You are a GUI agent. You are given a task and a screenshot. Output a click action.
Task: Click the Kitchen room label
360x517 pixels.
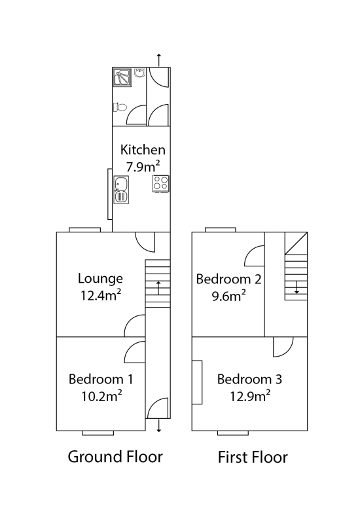pos(143,150)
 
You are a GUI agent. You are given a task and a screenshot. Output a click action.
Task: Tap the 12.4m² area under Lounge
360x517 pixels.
pos(101,295)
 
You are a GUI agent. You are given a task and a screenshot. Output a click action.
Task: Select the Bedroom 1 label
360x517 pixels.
pos(101,379)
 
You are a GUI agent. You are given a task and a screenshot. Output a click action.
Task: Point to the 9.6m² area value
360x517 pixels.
pos(228,296)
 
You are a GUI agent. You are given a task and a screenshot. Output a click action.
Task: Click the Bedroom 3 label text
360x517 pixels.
pos(249,379)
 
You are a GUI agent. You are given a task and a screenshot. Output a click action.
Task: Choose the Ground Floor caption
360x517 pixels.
pos(115,457)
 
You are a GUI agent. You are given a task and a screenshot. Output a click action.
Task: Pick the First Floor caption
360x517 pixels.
pos(253,457)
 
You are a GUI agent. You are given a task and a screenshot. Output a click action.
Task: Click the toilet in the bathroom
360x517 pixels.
pos(120,107)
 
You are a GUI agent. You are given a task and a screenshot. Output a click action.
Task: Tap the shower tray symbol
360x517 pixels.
pos(122,77)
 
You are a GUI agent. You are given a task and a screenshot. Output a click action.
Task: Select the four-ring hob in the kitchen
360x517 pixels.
pos(160,183)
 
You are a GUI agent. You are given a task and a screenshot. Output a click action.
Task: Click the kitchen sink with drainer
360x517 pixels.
pos(121,190)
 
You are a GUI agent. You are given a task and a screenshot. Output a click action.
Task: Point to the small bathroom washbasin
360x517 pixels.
pos(140,73)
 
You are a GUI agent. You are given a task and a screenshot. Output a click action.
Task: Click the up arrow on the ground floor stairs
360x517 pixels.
pos(158,288)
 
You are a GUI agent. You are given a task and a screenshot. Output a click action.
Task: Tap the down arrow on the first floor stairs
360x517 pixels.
pos(297,287)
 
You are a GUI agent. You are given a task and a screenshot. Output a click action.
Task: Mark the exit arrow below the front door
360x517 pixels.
pos(159,425)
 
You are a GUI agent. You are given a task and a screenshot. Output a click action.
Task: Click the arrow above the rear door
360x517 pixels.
pos(159,60)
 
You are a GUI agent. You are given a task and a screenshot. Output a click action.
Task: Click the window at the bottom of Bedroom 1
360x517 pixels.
pos(98,433)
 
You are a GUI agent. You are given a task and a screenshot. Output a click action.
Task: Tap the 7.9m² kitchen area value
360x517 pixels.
pos(143,166)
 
